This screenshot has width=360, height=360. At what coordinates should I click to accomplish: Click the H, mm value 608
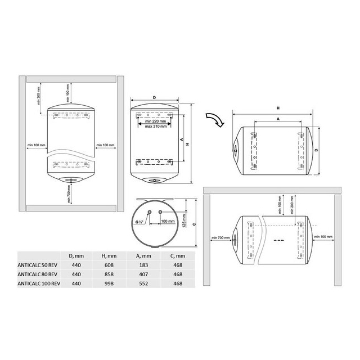point(109,265)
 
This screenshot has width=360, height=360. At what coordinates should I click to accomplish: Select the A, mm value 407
point(143,274)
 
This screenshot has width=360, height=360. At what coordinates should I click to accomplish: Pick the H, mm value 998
point(109,283)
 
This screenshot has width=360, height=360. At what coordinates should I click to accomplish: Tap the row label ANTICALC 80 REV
point(38,274)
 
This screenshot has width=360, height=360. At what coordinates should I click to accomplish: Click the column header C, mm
point(178,256)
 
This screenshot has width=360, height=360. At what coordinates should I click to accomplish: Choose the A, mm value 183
point(143,265)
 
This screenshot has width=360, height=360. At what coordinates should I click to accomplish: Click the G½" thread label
point(139,222)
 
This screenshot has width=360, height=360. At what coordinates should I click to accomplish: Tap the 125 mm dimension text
point(184,221)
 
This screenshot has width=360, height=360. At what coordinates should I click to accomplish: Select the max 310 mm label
point(156,126)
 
